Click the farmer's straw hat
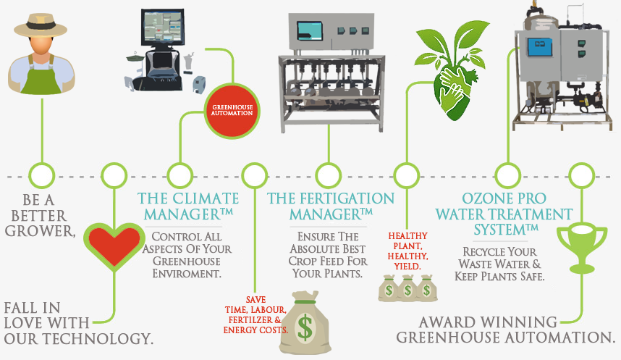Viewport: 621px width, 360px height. [x=41, y=25]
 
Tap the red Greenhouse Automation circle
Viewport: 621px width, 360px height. [x=232, y=112]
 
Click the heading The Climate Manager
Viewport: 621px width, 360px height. [x=188, y=206]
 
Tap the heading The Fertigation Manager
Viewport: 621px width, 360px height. [x=331, y=206]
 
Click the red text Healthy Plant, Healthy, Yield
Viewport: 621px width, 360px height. [x=408, y=251]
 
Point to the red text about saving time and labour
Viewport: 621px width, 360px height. [x=255, y=314]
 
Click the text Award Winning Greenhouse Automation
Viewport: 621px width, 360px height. [x=503, y=330]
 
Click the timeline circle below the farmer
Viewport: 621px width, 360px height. [x=43, y=175]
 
